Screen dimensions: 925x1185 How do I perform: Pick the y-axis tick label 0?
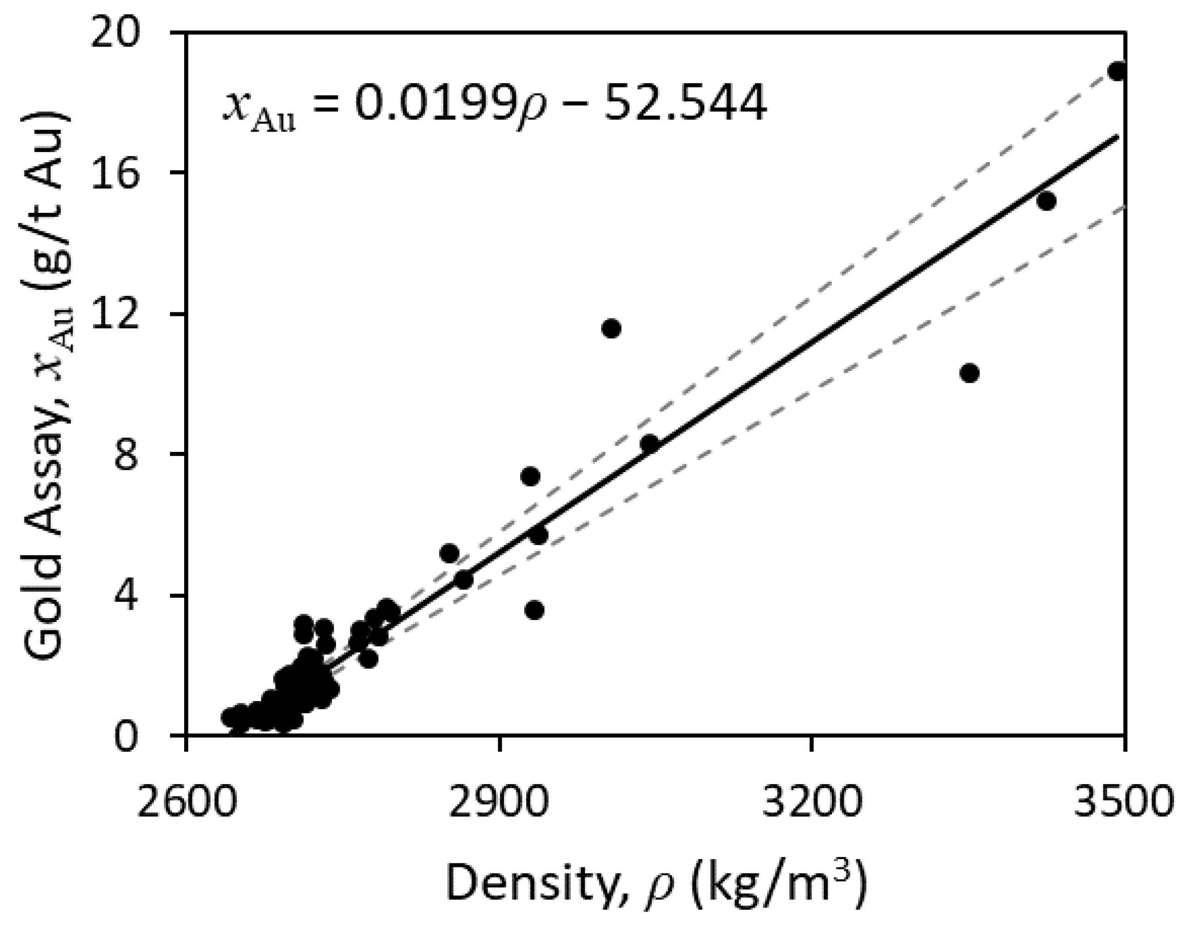[x=140, y=737]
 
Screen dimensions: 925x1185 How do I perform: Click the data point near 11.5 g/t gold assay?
[x=611, y=329]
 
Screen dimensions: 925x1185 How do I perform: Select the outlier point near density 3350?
[x=969, y=373]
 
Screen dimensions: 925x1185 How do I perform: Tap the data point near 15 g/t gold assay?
[x=1046, y=201]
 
